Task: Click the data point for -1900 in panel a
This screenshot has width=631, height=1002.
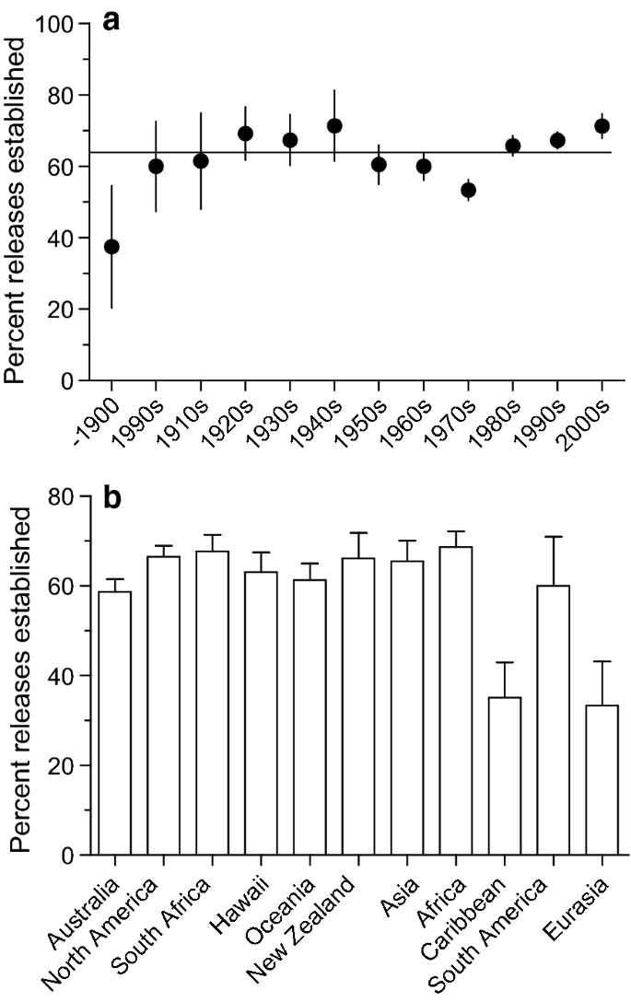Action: click(111, 247)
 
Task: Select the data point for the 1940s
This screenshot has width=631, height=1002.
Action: click(334, 126)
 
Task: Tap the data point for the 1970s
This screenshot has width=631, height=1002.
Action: click(468, 191)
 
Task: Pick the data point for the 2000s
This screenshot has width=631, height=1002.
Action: click(602, 126)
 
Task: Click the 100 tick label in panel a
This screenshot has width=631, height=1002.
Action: click(56, 24)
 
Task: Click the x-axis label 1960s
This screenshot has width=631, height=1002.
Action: click(413, 420)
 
